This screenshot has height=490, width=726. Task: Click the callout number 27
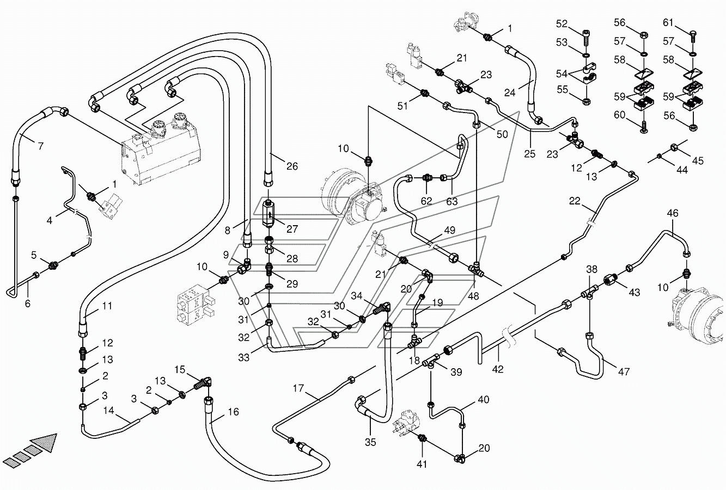click(x=292, y=229)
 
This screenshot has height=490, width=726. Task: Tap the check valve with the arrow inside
click(x=269, y=214)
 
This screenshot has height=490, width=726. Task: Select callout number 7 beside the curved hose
click(x=40, y=146)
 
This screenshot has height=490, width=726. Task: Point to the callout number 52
click(x=562, y=23)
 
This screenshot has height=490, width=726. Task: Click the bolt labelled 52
click(x=585, y=38)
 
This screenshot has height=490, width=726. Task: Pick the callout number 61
click(x=668, y=22)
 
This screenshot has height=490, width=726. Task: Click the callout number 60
click(x=619, y=115)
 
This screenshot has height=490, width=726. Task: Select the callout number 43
click(x=635, y=293)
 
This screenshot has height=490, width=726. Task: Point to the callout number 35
click(x=370, y=442)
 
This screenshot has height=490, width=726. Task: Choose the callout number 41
click(x=422, y=464)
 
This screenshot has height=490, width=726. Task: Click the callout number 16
click(x=233, y=412)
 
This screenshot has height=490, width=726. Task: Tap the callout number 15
click(x=180, y=370)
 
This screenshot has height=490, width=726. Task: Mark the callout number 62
click(x=426, y=201)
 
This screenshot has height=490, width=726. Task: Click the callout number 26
click(x=292, y=166)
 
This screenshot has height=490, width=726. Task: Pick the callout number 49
click(x=449, y=230)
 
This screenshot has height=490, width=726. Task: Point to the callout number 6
click(x=28, y=303)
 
